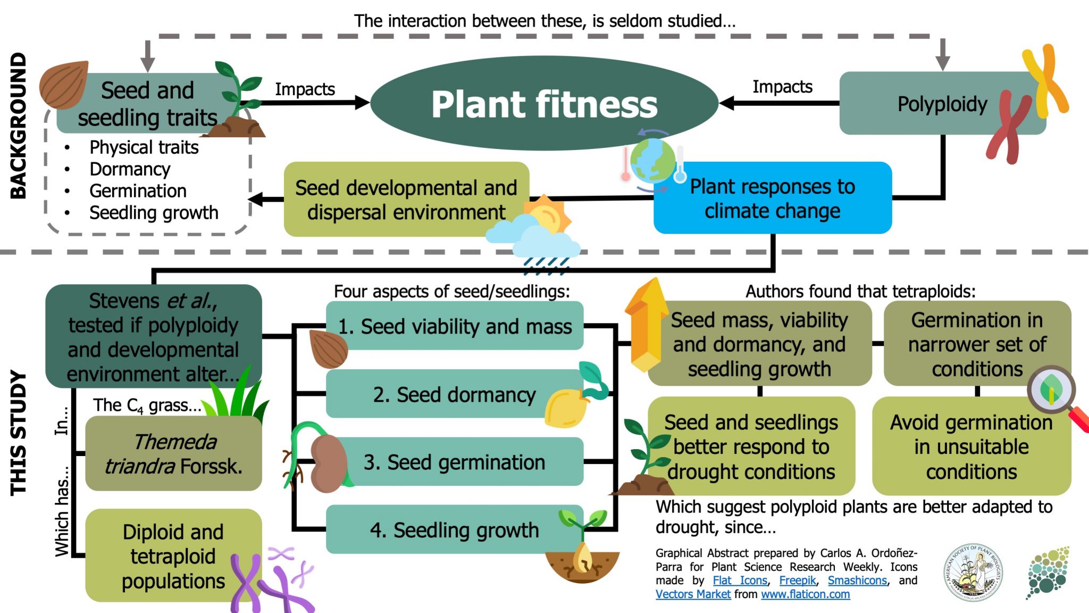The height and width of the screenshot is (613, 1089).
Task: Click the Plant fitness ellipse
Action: point(544,103)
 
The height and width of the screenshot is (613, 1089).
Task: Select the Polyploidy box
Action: point(942,104)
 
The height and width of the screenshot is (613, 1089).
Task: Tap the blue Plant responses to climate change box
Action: point(772,198)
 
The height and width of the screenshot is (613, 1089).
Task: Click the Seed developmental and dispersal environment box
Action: point(406,200)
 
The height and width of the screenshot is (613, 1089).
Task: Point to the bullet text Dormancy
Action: point(130,169)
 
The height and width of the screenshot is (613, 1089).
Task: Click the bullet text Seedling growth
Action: point(154,213)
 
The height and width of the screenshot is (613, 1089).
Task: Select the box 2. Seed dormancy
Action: point(454,395)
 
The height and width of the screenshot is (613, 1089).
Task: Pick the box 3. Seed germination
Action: point(454,462)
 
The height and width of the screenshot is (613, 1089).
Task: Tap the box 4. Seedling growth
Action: point(454,530)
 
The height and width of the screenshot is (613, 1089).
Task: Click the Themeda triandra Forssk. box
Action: point(173,454)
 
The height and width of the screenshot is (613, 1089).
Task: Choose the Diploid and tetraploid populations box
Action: point(173,556)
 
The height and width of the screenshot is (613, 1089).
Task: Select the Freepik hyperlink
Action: point(797,581)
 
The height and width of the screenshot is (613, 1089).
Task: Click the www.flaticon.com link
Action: point(805,594)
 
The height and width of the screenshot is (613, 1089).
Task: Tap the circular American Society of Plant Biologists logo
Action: point(973,572)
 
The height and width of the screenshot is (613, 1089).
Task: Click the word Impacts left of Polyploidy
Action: point(782,87)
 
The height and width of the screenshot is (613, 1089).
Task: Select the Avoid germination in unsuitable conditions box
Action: point(971,447)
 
